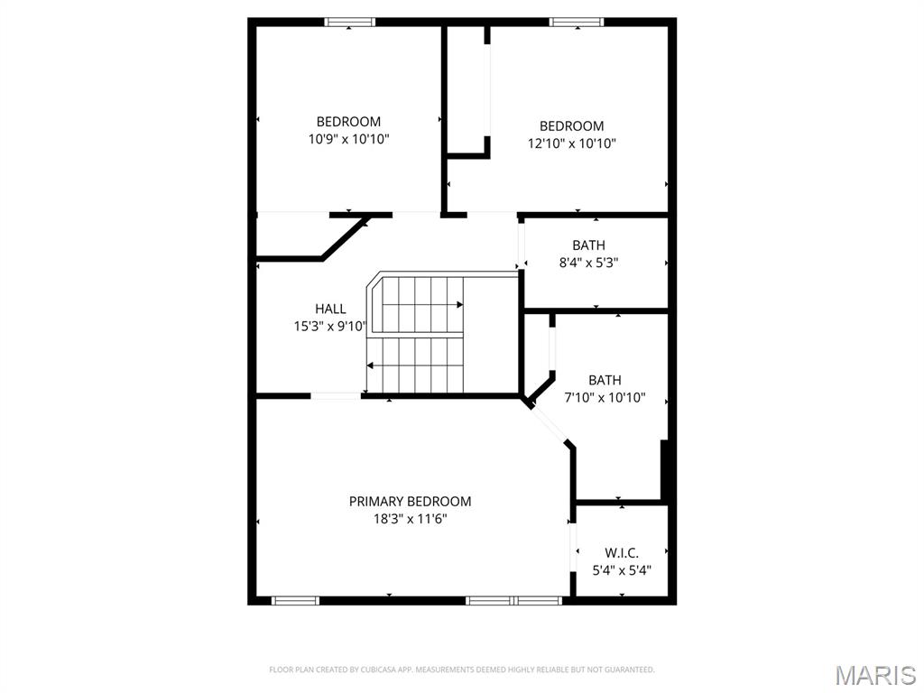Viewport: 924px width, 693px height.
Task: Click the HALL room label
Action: (330, 309)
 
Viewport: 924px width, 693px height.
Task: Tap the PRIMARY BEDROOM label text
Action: (410, 502)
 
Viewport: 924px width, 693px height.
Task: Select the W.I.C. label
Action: (622, 552)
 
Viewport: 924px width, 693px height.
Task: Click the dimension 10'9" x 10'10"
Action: (348, 139)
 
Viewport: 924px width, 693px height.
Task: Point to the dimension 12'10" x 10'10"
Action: (572, 143)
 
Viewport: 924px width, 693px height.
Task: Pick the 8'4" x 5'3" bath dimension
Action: (588, 263)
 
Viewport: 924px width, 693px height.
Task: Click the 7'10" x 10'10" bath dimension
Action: (605, 397)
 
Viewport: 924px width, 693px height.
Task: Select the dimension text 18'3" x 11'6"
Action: (410, 519)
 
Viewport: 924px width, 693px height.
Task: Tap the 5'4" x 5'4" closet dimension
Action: (622, 570)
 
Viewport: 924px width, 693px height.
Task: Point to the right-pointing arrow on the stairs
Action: (457, 306)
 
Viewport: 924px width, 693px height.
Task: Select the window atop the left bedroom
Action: (350, 23)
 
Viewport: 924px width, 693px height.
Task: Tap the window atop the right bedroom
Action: (577, 23)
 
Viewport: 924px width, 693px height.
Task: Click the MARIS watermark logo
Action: (874, 673)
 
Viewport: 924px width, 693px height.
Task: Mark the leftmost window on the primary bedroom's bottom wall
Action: (295, 600)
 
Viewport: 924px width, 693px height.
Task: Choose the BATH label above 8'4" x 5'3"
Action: (588, 245)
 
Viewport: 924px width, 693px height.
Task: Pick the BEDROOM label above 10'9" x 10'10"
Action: (348, 122)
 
